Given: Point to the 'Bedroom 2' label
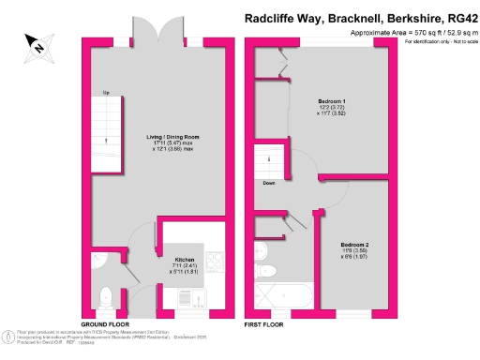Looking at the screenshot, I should click(x=355, y=245).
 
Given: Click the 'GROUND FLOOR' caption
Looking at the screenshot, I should click(x=104, y=323).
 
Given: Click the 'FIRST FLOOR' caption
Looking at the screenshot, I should click(x=265, y=323).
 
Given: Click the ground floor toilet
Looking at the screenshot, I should click(x=104, y=297).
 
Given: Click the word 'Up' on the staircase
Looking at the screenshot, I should click(x=106, y=92).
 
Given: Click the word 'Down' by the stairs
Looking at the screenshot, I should click(x=269, y=182).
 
